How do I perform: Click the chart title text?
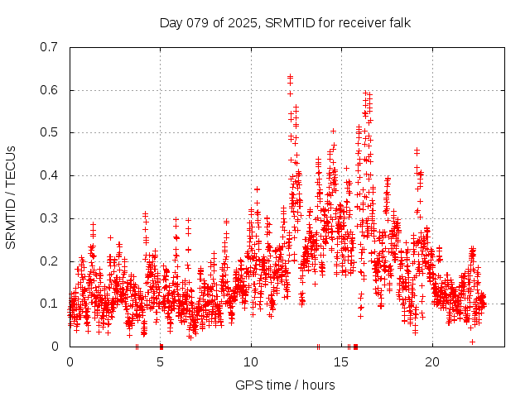(x=285, y=22)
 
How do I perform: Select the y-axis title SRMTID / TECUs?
(x=12, y=197)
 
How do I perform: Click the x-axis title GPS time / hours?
(x=285, y=385)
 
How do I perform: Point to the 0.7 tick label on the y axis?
(x=50, y=46)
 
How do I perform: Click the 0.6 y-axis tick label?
(x=50, y=89)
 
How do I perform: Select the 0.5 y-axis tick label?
(x=50, y=132)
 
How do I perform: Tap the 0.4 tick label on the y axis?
(x=50, y=175)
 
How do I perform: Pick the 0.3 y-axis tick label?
(x=50, y=218)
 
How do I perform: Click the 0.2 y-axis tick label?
(x=50, y=261)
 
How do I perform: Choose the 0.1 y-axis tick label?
(x=50, y=304)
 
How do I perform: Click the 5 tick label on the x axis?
(x=161, y=362)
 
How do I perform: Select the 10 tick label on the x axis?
(x=251, y=362)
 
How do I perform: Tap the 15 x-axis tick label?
(x=341, y=362)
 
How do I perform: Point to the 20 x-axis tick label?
(x=432, y=362)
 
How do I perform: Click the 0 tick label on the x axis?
(x=70, y=362)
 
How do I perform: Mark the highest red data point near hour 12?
(x=290, y=77)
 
